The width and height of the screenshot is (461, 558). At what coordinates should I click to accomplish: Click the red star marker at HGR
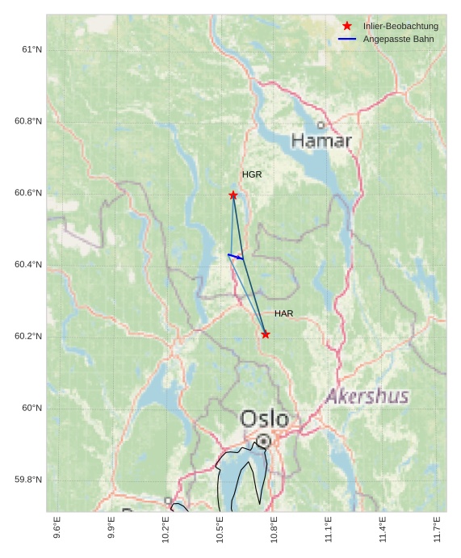pos(233,195)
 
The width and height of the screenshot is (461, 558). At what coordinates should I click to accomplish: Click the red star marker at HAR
pos(266,334)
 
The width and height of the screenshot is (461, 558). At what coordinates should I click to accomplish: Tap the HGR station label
pos(252,174)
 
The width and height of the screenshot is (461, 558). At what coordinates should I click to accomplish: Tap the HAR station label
pos(283,313)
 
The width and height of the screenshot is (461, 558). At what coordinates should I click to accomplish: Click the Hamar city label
pos(321,141)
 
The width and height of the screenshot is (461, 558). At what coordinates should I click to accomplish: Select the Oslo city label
pos(264,418)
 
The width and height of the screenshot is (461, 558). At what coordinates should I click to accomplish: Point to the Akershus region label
pos(367,396)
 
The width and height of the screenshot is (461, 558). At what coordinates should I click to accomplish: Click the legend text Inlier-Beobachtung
pos(400,26)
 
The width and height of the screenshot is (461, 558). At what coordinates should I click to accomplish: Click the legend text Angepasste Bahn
pos(398,39)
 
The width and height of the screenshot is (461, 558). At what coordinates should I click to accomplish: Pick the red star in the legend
pos(347,26)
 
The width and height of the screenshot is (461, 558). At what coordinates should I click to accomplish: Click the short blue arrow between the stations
pos(236,257)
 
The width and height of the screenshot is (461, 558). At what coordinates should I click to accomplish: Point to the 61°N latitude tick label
pos(32,50)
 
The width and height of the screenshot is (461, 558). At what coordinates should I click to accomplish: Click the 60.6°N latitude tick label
pos(28,193)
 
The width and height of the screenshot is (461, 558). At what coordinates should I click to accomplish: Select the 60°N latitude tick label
pos(32,408)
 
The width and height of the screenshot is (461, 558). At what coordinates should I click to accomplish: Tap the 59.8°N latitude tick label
pos(28,480)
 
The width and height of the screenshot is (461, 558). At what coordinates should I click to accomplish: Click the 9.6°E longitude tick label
pos(57,529)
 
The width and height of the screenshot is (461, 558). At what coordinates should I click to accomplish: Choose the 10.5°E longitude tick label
pos(220,529)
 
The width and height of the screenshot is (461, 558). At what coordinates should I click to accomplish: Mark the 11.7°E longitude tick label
pos(437,529)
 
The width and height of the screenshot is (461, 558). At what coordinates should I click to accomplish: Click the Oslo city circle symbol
pos(264,441)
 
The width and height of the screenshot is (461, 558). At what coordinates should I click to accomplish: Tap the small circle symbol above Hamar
pos(321,125)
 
